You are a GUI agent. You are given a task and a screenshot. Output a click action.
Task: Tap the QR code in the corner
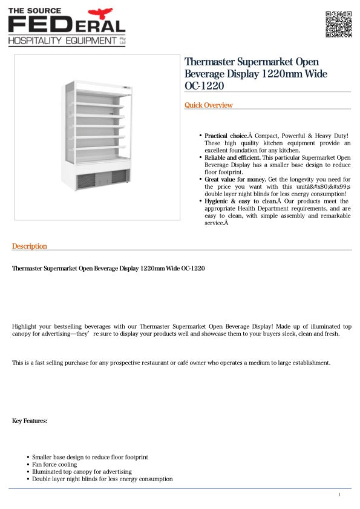point(338,24)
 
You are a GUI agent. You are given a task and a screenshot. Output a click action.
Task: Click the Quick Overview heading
point(208,105)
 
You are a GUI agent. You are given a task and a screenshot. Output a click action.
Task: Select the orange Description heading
point(30,246)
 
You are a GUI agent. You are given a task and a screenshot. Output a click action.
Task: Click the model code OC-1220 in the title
point(204,86)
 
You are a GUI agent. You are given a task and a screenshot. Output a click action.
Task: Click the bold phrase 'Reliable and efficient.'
point(232,157)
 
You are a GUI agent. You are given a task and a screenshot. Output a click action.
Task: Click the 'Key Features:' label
point(30,421)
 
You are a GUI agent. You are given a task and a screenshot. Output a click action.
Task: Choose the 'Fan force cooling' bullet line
point(54,465)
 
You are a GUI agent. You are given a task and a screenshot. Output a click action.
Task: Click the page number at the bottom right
point(339,495)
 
